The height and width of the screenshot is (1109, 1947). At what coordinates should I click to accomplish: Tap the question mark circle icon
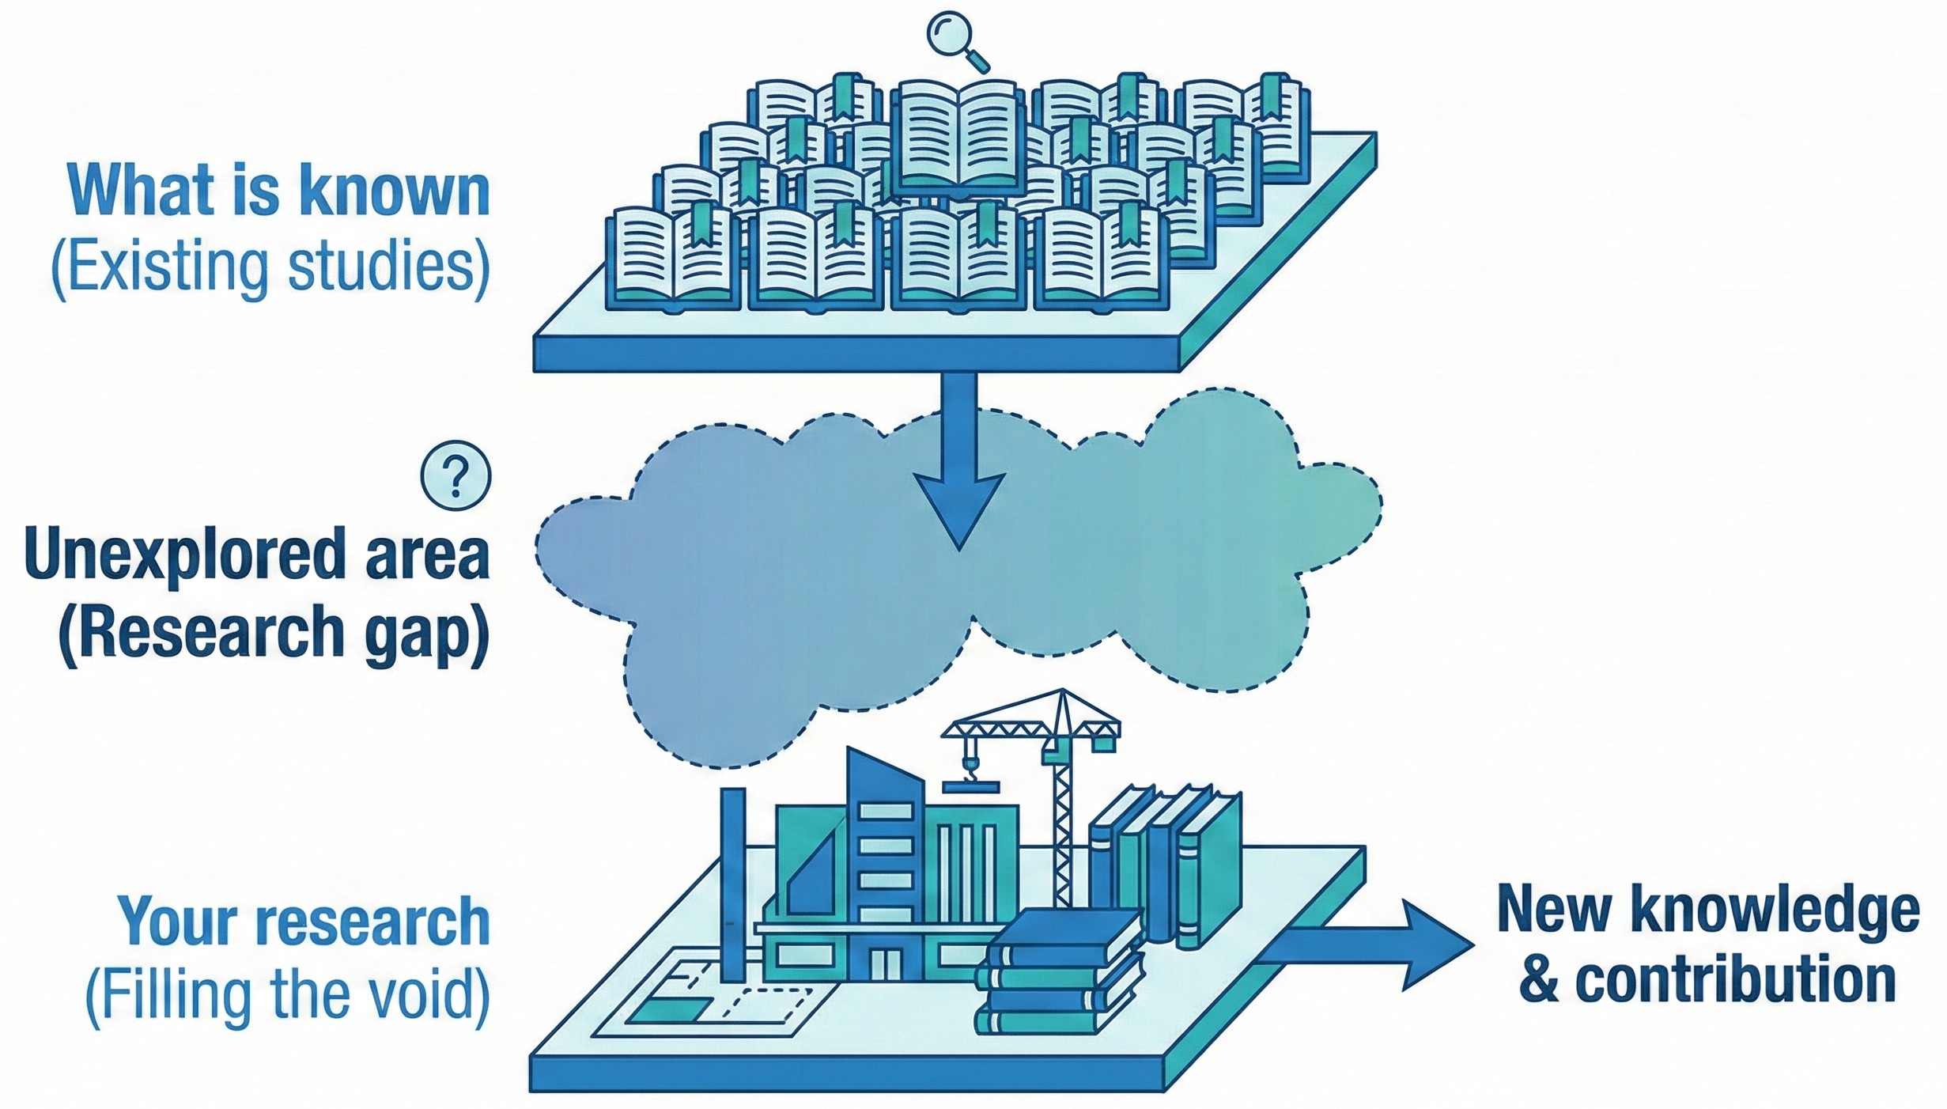[x=456, y=476]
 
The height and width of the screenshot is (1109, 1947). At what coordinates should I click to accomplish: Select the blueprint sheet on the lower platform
[x=712, y=997]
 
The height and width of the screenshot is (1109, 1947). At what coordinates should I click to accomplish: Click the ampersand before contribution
[x=1538, y=981]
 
